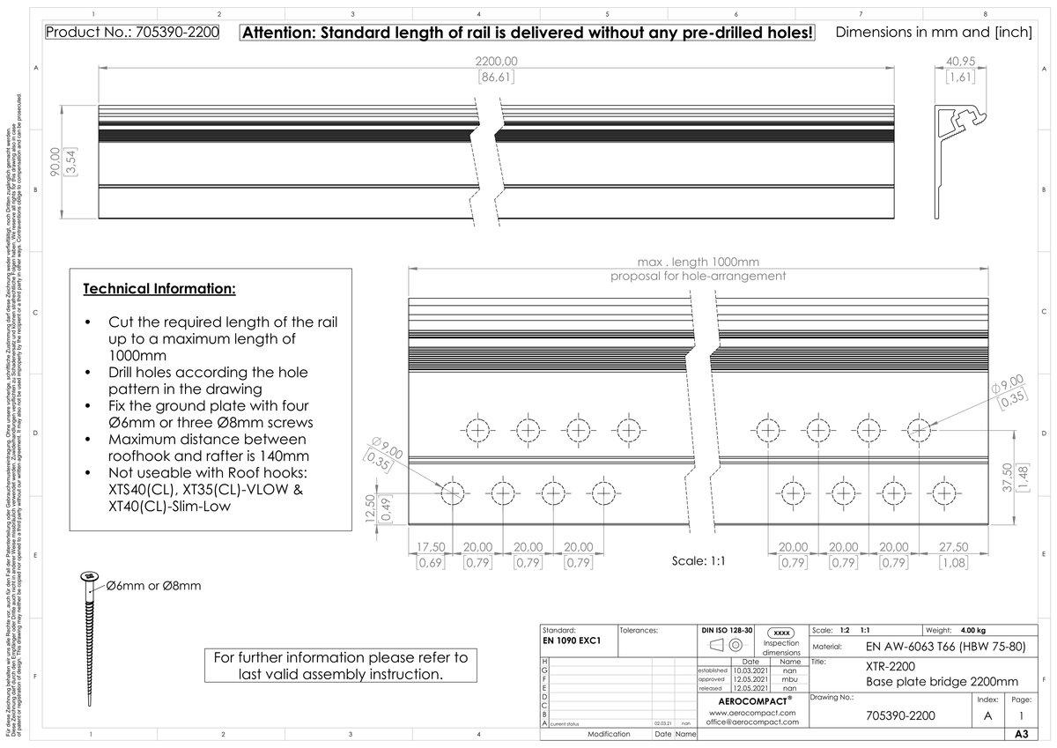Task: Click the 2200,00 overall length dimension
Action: (497, 61)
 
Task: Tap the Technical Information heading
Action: (159, 289)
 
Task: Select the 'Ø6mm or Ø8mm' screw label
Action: (153, 586)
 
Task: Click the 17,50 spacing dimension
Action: (430, 546)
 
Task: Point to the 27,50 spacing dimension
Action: (955, 546)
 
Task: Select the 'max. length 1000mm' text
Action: (699, 263)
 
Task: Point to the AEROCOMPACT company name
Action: (753, 701)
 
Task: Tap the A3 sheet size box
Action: (1021, 734)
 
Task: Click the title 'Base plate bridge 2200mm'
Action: (942, 681)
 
